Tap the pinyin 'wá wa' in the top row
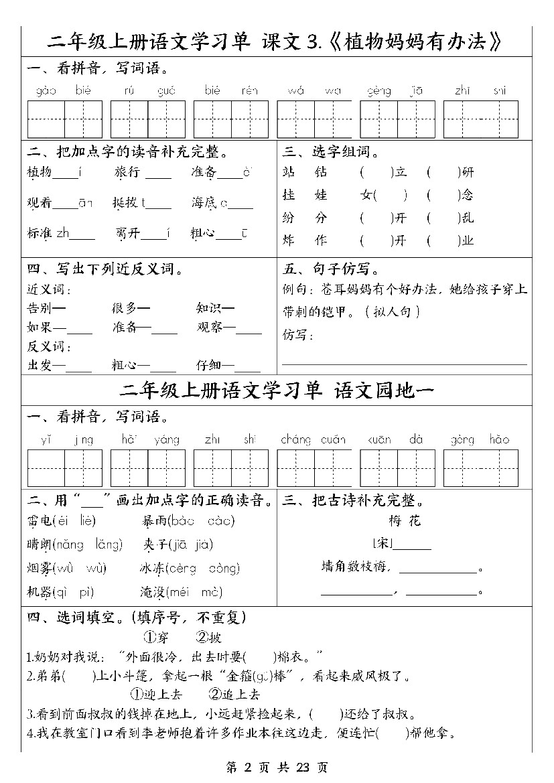314,90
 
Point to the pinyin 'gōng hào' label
480,440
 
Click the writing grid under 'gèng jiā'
397,119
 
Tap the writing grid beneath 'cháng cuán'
314,468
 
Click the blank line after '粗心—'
163,366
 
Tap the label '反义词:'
49,347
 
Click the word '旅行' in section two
127,173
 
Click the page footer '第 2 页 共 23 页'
277,768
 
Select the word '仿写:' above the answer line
298,334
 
